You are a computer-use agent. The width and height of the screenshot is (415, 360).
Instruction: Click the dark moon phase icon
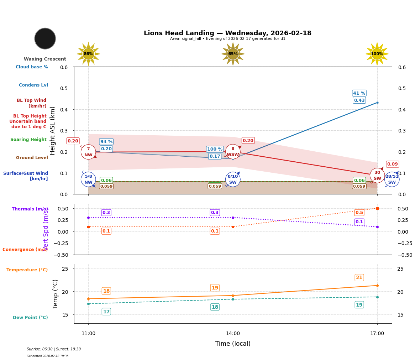45,38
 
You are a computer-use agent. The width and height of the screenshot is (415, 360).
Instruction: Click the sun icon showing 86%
88,54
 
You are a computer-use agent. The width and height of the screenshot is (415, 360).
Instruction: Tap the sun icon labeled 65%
233,54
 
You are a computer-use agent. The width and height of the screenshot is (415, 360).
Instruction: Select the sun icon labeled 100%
377,54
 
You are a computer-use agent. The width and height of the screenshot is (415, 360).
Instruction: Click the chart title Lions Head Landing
227,33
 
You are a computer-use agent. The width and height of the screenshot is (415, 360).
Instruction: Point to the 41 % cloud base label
359,93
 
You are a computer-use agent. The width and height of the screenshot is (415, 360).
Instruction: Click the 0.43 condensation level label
359,100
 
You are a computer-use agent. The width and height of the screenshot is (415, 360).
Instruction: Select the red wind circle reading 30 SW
377,176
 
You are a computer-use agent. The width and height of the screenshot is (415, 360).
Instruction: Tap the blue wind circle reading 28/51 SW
392,179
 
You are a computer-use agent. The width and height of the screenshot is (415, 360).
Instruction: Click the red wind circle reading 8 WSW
233,152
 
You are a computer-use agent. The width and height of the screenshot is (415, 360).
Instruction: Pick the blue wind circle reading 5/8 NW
88,179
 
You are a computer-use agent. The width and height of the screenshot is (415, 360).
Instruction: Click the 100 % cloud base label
215,149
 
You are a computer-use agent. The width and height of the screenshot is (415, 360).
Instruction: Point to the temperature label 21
359,278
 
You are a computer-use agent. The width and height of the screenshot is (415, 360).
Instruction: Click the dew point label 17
106,312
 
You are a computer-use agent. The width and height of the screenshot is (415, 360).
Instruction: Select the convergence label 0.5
359,213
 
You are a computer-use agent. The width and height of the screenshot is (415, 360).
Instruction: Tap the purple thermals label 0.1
359,222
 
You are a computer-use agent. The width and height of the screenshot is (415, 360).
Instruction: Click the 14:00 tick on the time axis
233,334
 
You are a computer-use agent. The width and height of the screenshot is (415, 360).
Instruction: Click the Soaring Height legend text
28,140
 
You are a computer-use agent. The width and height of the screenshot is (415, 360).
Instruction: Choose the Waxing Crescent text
45,59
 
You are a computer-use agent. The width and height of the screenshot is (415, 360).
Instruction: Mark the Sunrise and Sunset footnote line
54,349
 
